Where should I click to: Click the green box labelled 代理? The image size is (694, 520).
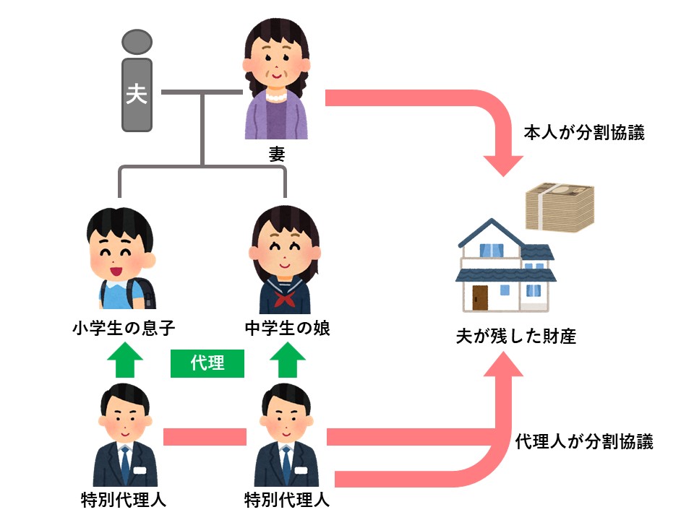coord(207,363)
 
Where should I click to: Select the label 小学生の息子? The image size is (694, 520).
coord(124,329)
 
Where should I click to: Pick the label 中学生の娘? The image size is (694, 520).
coord(288,329)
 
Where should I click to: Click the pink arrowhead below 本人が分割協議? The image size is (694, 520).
coord(503,163)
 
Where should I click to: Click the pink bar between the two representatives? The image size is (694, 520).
coord(205,437)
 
